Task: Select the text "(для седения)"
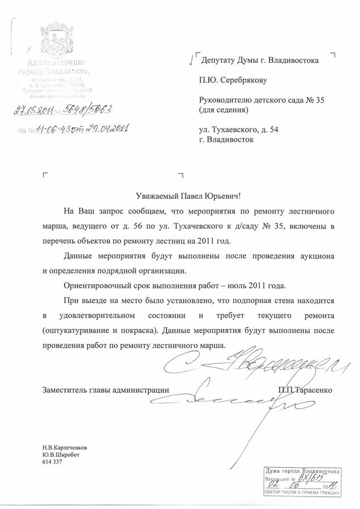[224, 110]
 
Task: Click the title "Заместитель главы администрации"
[105, 390]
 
